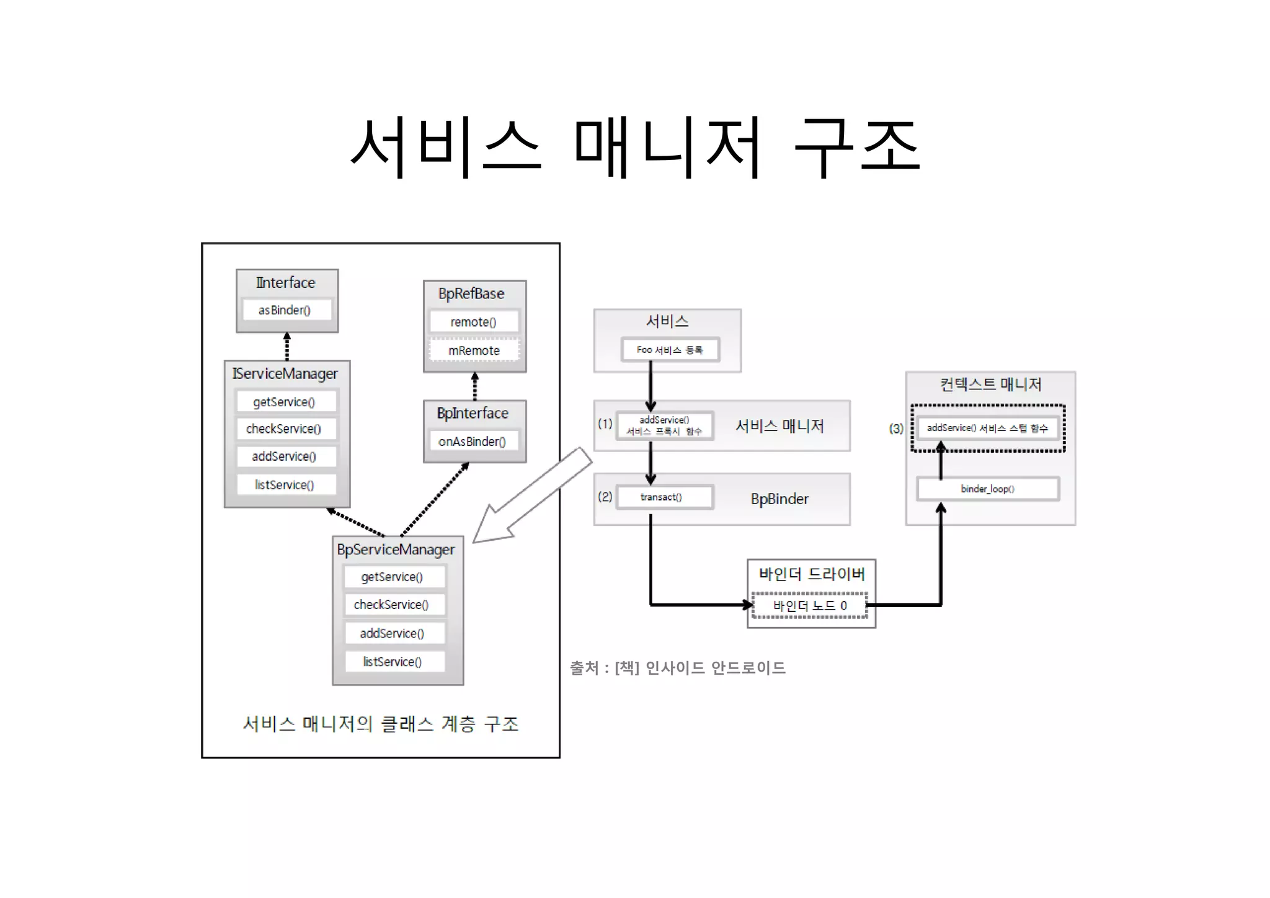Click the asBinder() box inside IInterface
pyautogui.click(x=286, y=309)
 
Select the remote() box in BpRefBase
pyautogui.click(x=474, y=322)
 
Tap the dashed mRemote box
pyautogui.click(x=474, y=350)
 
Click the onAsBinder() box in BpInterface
pyautogui.click(x=473, y=442)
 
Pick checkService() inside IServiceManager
pyautogui.click(x=285, y=429)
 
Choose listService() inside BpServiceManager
pyautogui.click(x=393, y=662)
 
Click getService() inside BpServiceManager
pyautogui.click(x=393, y=577)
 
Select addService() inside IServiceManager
pyautogui.click(x=285, y=456)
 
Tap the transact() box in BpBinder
pyautogui.click(x=662, y=497)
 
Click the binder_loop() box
pyautogui.click(x=987, y=489)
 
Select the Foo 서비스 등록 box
pyautogui.click(x=670, y=350)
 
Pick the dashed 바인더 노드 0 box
pyautogui.click(x=810, y=605)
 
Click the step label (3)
pyautogui.click(x=896, y=429)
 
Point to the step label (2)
pyautogui.click(x=605, y=497)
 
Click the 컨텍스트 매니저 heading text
pyautogui.click(x=990, y=385)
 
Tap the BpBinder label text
pyautogui.click(x=779, y=499)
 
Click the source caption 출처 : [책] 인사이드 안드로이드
pyautogui.click(x=677, y=668)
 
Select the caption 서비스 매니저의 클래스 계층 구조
pyautogui.click(x=380, y=724)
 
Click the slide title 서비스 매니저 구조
pyautogui.click(x=635, y=146)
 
